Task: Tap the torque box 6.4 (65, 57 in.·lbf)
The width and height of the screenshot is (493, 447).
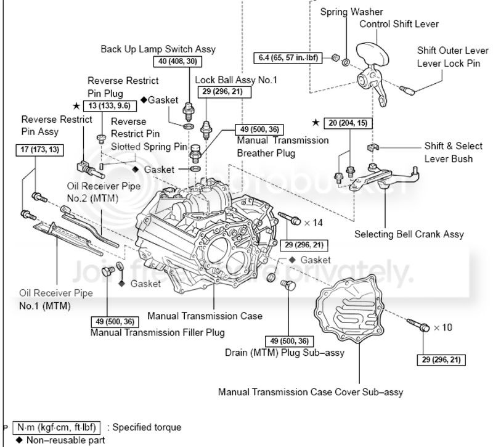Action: [288, 58]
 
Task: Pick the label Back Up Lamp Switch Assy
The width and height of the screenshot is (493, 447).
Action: [158, 49]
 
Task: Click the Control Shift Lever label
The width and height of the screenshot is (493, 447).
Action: [399, 24]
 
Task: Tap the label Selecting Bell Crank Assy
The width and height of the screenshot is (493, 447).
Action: [409, 234]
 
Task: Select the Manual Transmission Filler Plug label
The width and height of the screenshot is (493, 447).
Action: [158, 332]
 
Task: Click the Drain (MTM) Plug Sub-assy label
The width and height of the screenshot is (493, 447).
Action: [285, 353]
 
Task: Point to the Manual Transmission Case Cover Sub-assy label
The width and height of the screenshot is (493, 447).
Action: [311, 392]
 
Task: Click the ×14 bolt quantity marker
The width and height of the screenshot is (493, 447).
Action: [314, 223]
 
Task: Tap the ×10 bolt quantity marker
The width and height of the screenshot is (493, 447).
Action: [442, 327]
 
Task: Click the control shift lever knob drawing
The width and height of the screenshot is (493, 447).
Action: [373, 54]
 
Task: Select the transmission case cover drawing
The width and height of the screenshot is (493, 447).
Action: [349, 310]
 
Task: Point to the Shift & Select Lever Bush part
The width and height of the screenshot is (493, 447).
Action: [373, 147]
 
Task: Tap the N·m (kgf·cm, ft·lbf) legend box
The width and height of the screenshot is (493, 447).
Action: [57, 427]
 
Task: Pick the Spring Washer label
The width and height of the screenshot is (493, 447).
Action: [351, 12]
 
